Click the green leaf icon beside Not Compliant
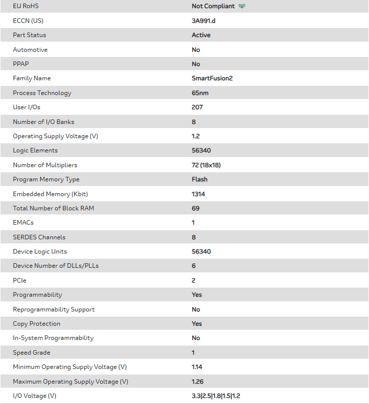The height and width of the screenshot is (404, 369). tap(242, 7)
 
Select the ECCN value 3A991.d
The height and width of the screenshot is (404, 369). tap(204, 21)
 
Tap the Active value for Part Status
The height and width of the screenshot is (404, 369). tap(201, 35)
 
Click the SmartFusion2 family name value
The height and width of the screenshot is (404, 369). tap(212, 78)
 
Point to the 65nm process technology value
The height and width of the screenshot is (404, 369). tap(200, 93)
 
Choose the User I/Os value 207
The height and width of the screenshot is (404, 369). tap(197, 107)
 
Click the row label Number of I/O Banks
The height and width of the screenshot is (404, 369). tap(44, 122)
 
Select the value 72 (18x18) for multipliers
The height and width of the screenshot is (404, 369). tap(206, 165)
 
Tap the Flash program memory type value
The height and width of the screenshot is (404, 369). tap(199, 179)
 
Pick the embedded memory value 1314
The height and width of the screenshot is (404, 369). tap(198, 194)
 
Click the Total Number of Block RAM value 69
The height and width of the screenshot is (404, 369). tap(195, 208)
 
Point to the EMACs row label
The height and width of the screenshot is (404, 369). tap(23, 223)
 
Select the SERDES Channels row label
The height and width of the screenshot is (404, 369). tap(39, 237)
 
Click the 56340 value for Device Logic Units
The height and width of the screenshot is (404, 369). tap(201, 252)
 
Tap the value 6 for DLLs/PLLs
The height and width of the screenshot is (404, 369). tap(194, 266)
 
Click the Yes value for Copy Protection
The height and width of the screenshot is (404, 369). tap(196, 324)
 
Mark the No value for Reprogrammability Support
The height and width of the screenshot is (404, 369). tap(196, 309)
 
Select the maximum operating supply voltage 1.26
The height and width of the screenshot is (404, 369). tap(197, 382)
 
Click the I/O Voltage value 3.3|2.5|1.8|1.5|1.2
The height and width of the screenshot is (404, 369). tap(216, 396)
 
